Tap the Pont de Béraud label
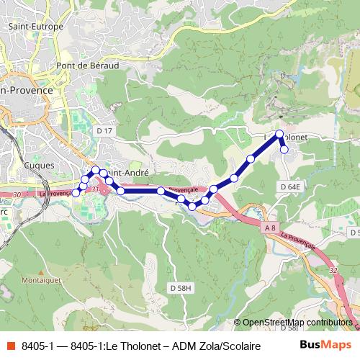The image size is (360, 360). click(x=87, y=65)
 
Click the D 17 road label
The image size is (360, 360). click(x=104, y=130)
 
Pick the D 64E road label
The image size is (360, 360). click(x=289, y=186)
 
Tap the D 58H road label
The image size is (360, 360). click(x=181, y=288)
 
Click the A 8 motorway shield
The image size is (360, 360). click(x=270, y=228)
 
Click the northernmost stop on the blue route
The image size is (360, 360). click(x=279, y=133)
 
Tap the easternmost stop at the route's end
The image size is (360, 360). click(x=284, y=150)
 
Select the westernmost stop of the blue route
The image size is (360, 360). click(x=76, y=193)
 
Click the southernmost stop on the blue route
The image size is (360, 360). click(x=192, y=207)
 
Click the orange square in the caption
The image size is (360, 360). click(x=9, y=346)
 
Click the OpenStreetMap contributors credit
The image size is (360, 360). click(x=297, y=323)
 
